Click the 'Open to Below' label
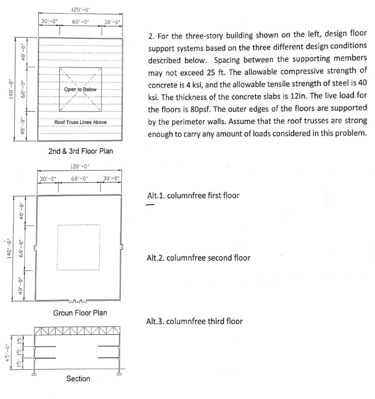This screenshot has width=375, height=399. point(80,90)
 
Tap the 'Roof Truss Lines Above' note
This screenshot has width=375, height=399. point(80,122)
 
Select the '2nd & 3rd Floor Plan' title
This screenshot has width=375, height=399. point(81,151)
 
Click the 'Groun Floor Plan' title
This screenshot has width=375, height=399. point(80,312)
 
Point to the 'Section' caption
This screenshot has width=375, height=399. point(78,378)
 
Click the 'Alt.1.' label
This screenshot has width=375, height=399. point(155,196)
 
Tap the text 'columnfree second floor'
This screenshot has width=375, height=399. point(209,258)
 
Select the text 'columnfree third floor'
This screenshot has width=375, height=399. point(204,321)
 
